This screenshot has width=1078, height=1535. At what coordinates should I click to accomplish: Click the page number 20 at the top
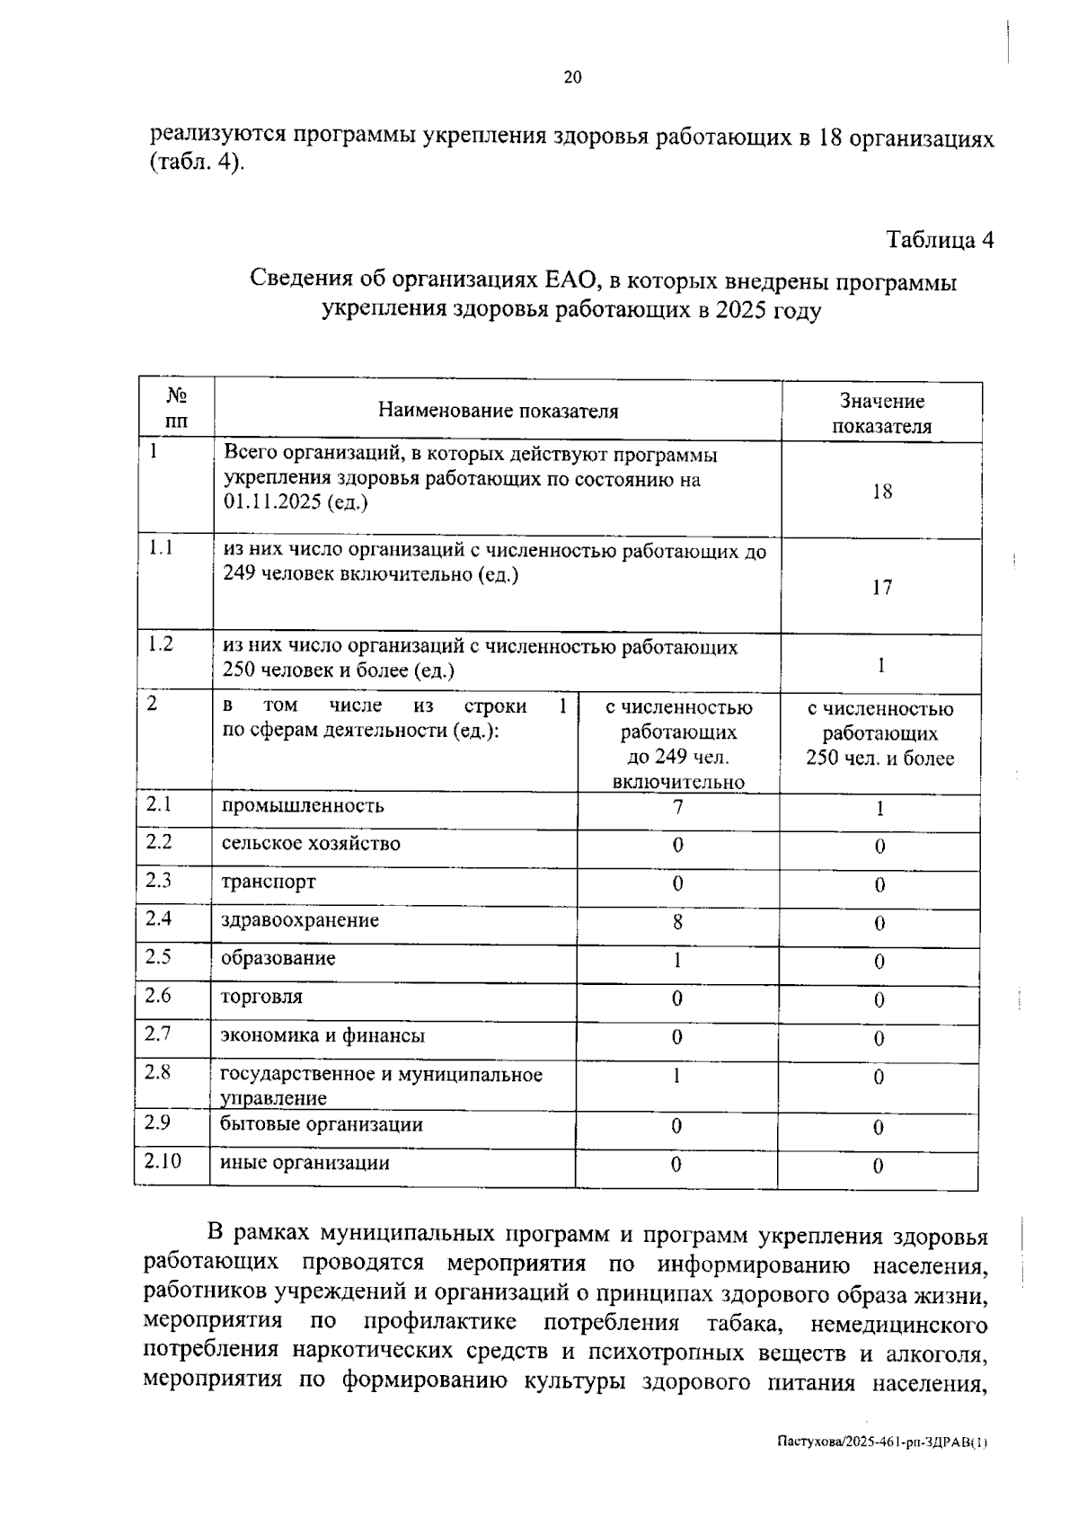pos(572,77)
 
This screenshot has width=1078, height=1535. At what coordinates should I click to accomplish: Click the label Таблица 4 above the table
pos(940,240)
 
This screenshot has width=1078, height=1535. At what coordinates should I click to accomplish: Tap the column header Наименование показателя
pos(498,412)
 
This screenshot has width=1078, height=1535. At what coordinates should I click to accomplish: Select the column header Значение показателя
pos(881,413)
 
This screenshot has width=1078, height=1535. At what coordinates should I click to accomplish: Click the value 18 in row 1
pos(881,492)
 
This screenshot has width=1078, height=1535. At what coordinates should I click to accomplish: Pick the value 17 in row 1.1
pos(881,588)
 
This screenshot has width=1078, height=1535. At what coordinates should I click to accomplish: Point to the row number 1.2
pos(160,644)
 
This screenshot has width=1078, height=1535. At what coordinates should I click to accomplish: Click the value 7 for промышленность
pos(677,807)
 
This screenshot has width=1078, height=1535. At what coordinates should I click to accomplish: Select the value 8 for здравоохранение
pos(677,922)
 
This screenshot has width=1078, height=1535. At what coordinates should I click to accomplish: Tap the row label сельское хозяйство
pos(311,844)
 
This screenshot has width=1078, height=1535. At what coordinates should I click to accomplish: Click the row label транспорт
pos(269,882)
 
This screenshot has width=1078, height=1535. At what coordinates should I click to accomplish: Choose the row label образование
pos(278,959)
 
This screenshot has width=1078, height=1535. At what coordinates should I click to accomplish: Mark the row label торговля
pos(262,998)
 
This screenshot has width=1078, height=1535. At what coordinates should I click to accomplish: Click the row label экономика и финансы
pos(323,1036)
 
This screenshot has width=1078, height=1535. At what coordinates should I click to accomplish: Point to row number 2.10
pos(162,1161)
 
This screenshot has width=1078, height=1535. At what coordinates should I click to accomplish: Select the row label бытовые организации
pos(322,1125)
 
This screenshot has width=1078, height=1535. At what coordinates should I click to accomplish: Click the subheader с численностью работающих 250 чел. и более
pos(879,733)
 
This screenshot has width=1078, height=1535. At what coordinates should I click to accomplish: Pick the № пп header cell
pos(177,409)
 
